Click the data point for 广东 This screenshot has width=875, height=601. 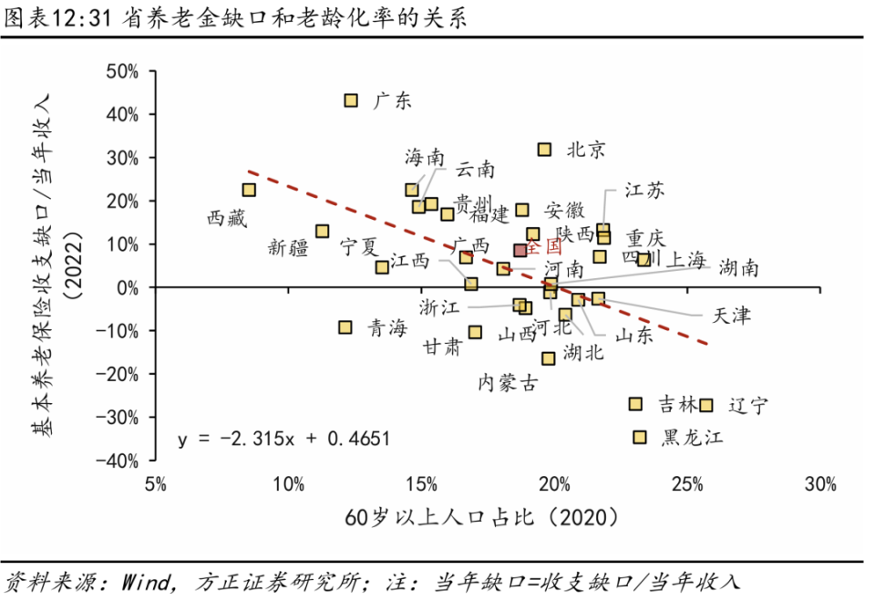351,100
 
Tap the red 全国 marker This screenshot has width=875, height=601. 520,250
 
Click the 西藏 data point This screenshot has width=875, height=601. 249,190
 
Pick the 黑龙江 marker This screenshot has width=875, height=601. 640,438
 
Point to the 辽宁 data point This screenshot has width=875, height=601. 705,405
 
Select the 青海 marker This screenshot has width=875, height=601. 345,327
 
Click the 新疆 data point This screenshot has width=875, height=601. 322,232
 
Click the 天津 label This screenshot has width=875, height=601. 732,316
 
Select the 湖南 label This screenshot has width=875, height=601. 737,268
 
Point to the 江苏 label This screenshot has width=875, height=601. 644,190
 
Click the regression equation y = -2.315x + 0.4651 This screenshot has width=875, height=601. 283,439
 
